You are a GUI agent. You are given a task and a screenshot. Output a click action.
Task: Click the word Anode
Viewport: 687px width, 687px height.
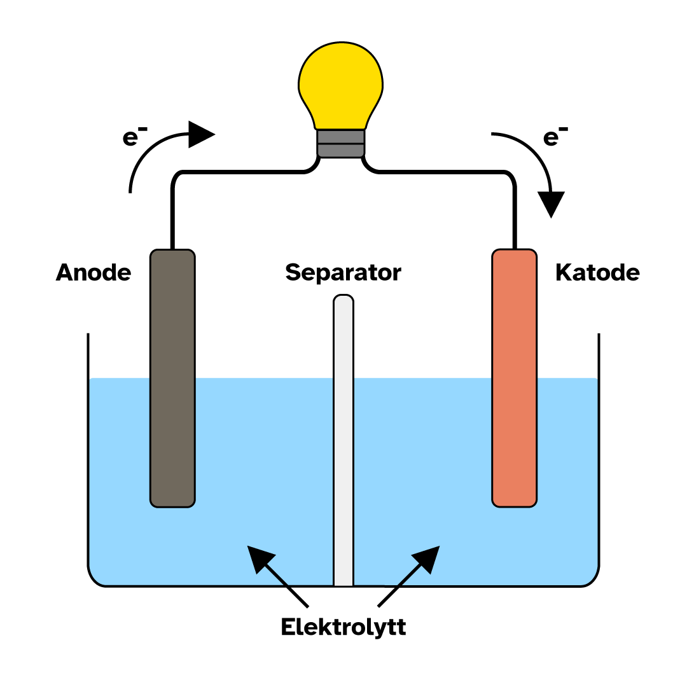[x=94, y=273]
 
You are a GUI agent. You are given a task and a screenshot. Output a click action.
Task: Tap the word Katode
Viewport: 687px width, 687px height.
[x=597, y=273]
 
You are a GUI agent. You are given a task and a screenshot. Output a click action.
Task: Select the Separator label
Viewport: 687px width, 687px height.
[x=343, y=273]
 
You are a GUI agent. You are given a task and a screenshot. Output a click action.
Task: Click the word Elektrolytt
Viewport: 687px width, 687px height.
[x=343, y=627]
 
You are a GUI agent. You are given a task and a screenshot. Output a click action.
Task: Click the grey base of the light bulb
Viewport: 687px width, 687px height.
[x=341, y=142]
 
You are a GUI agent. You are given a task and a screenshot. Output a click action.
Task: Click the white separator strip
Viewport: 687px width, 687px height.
[x=343, y=445]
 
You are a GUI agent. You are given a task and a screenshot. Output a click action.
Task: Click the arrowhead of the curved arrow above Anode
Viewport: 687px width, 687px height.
[x=201, y=134]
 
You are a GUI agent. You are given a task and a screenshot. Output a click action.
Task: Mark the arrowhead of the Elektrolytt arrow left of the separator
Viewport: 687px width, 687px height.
[x=259, y=557]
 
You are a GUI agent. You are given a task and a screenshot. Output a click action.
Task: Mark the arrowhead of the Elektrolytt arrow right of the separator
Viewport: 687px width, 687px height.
[x=428, y=557]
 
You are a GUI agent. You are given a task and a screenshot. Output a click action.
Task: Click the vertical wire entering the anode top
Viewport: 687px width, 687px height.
[x=172, y=216]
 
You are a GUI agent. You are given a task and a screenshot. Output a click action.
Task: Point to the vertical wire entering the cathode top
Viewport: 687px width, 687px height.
[x=514, y=216]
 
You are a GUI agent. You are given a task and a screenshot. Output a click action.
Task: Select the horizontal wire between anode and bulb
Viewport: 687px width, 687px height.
[x=242, y=172]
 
